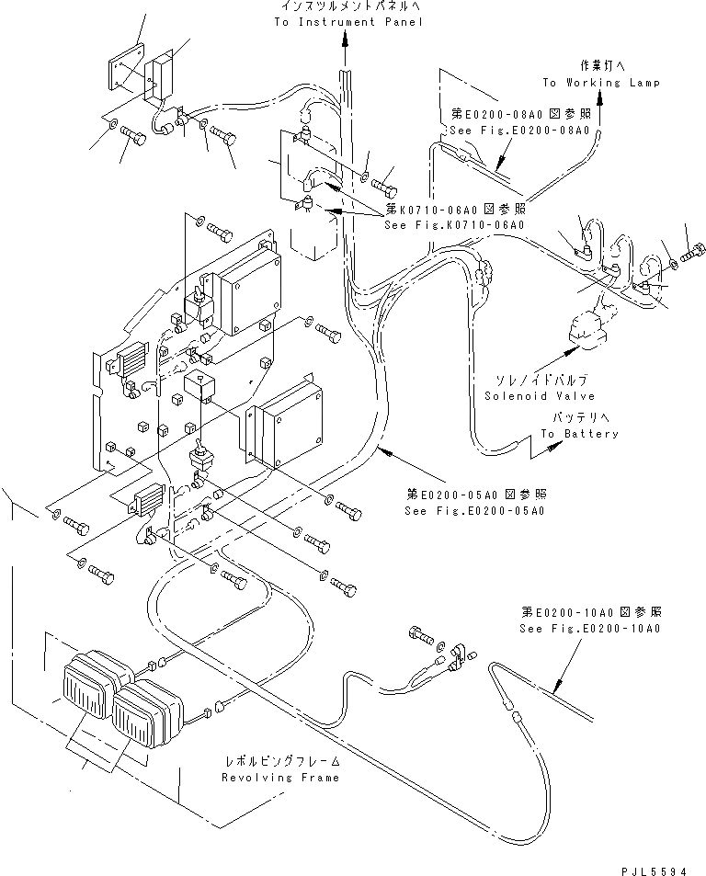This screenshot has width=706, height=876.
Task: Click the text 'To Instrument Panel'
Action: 348,21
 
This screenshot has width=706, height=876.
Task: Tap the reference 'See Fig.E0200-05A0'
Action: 474,508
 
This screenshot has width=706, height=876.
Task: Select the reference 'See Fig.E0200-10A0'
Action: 588,629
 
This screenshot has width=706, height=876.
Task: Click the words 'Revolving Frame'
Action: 280,778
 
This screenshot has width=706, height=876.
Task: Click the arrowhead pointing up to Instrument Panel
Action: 346,39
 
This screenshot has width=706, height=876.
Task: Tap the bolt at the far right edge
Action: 695,249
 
